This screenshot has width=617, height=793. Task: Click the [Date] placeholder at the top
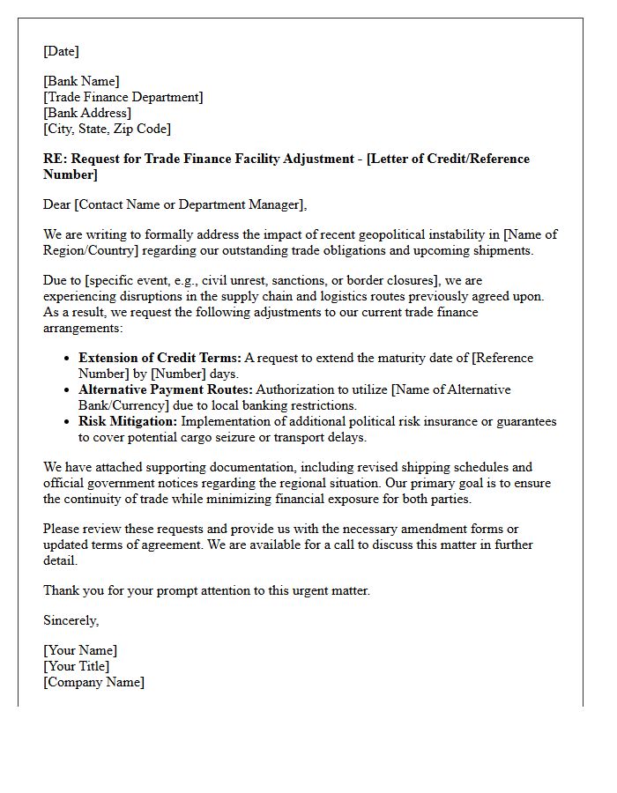(x=61, y=51)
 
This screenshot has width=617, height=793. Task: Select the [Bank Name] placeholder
(x=82, y=81)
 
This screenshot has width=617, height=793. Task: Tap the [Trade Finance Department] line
(x=123, y=97)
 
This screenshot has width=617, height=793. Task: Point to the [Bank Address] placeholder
(x=87, y=113)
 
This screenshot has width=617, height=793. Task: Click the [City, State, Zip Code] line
(x=108, y=129)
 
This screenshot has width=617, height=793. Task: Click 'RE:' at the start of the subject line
(x=55, y=159)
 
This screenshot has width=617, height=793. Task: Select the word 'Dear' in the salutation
(x=57, y=204)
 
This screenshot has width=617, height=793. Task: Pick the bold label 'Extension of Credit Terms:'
(x=160, y=358)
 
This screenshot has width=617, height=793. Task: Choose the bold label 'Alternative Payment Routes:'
(x=166, y=389)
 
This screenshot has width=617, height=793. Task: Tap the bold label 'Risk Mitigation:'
(x=128, y=421)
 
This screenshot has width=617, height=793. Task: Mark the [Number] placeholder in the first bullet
(x=179, y=374)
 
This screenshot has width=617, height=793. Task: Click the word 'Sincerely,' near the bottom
(x=71, y=620)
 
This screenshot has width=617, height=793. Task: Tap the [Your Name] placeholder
(x=80, y=650)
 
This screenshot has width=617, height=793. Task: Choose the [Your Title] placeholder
(x=77, y=666)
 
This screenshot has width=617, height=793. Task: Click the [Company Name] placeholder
(x=93, y=682)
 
